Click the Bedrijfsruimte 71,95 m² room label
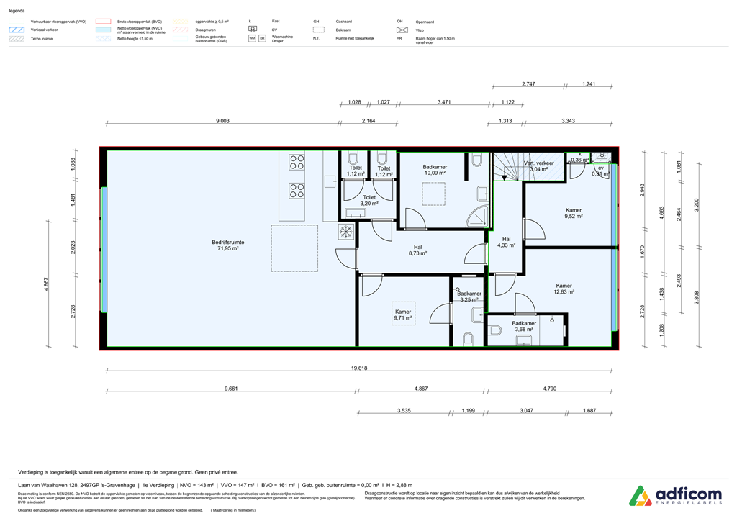pyautogui.click(x=227, y=246)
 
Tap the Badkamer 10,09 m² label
pyautogui.click(x=435, y=170)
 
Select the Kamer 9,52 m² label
pyautogui.click(x=573, y=213)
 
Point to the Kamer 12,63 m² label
pyautogui.click(x=564, y=289)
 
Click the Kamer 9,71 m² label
pyautogui.click(x=403, y=314)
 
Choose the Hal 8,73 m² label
pyautogui.click(x=417, y=250)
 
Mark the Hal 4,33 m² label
pyautogui.click(x=506, y=243)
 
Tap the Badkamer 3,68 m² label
pyautogui.click(x=523, y=327)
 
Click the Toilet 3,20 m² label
pyautogui.click(x=369, y=200)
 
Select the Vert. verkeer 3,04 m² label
pyautogui.click(x=539, y=166)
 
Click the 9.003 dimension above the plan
pyautogui.click(x=222, y=122)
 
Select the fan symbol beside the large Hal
pyautogui.click(x=346, y=232)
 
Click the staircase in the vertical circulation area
pyautogui.click(x=507, y=166)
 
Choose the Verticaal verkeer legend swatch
pyautogui.click(x=17, y=30)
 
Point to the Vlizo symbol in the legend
pyautogui.click(x=402, y=30)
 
